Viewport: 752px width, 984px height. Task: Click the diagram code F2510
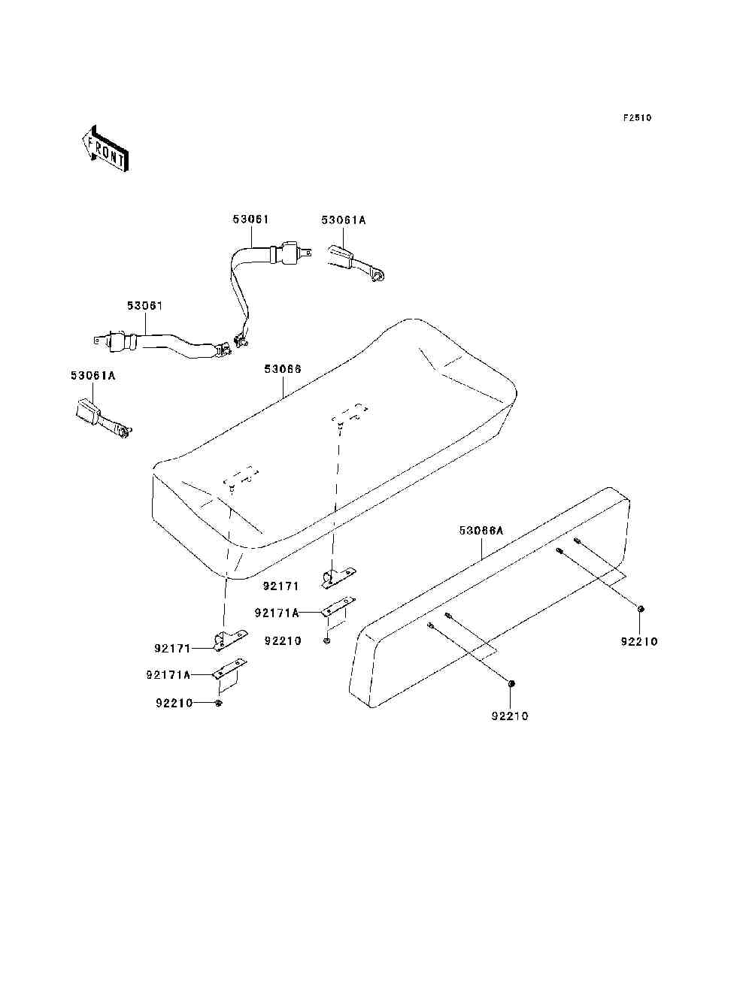coord(636,118)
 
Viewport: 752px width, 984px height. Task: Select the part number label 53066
coord(283,368)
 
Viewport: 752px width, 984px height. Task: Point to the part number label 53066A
coord(481,531)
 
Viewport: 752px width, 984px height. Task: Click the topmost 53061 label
coord(250,220)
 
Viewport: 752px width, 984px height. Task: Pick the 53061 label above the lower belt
coord(144,306)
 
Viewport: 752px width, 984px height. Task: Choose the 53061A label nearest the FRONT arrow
coord(92,375)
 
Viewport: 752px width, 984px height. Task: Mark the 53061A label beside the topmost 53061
coord(344,220)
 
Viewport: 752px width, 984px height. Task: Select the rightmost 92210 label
coord(639,641)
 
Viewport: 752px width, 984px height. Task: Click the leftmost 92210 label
coord(174,703)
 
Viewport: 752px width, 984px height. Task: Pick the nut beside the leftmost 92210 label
coord(218,703)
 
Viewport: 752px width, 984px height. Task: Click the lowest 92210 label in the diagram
coord(510,716)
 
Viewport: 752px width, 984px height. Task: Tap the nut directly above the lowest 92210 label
coord(511,683)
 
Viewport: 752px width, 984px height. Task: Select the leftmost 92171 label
coord(174,648)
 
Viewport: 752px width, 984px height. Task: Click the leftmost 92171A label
coord(168,675)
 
